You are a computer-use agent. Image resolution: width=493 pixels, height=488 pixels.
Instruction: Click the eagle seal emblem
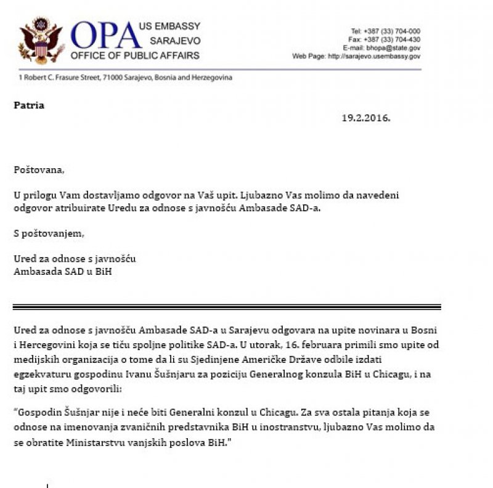(x=41, y=41)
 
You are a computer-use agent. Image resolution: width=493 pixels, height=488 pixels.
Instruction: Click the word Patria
(x=29, y=105)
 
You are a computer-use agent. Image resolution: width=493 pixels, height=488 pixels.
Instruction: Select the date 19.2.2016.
(x=366, y=117)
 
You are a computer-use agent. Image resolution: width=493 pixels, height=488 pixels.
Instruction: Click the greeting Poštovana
(x=39, y=169)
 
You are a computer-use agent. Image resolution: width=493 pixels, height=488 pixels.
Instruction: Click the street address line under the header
(x=126, y=78)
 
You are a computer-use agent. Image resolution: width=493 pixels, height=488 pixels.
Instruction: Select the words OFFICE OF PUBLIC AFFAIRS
(x=135, y=55)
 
